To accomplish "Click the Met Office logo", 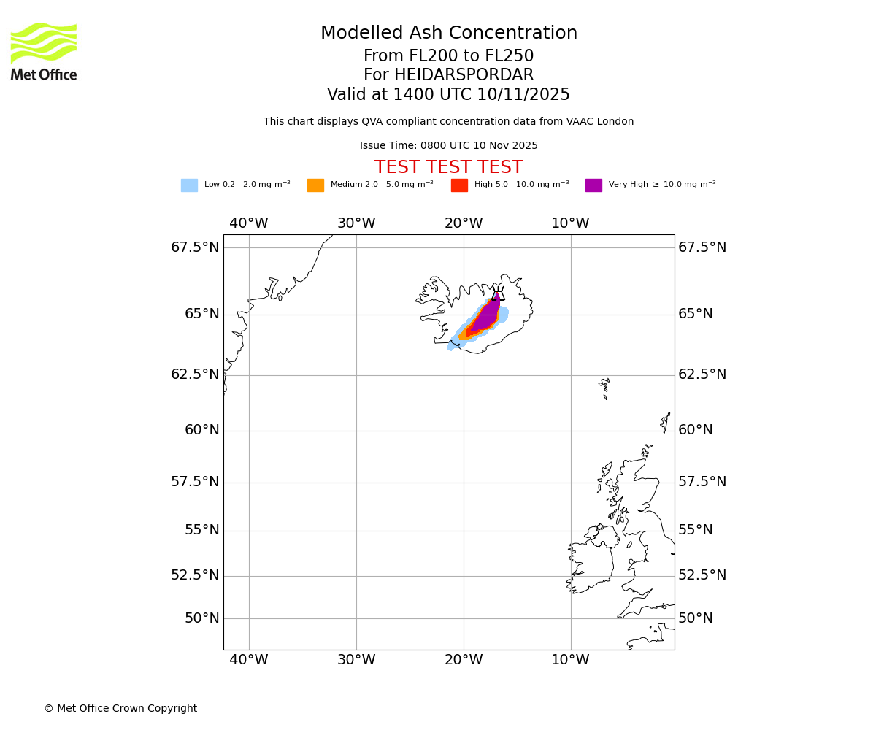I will point(44,52).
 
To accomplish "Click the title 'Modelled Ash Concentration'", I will point(449,34).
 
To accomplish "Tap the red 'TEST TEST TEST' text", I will point(448,168).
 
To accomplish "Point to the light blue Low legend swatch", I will point(189,185).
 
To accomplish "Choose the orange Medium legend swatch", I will point(315,185).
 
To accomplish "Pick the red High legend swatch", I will point(459,185).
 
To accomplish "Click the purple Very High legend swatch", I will point(593,185).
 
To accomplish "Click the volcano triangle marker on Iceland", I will point(498,295).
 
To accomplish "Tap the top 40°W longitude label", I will point(249,223).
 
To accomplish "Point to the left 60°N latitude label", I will point(202,431).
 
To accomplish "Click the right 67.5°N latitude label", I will point(702,247).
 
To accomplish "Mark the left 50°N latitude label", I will point(202,618).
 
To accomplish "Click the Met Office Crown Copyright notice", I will point(120,709).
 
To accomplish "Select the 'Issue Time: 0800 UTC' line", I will point(448,146).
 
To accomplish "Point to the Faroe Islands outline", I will point(604,386).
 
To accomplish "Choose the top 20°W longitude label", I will point(464,223).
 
